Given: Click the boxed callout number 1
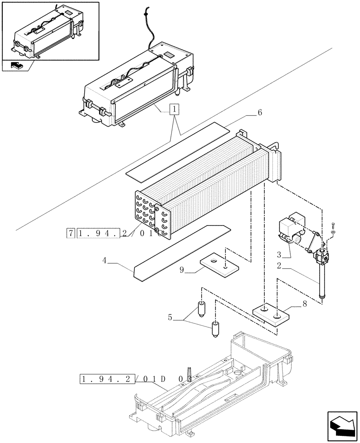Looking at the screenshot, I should (x=176, y=109).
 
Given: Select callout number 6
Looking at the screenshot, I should (x=259, y=113).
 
